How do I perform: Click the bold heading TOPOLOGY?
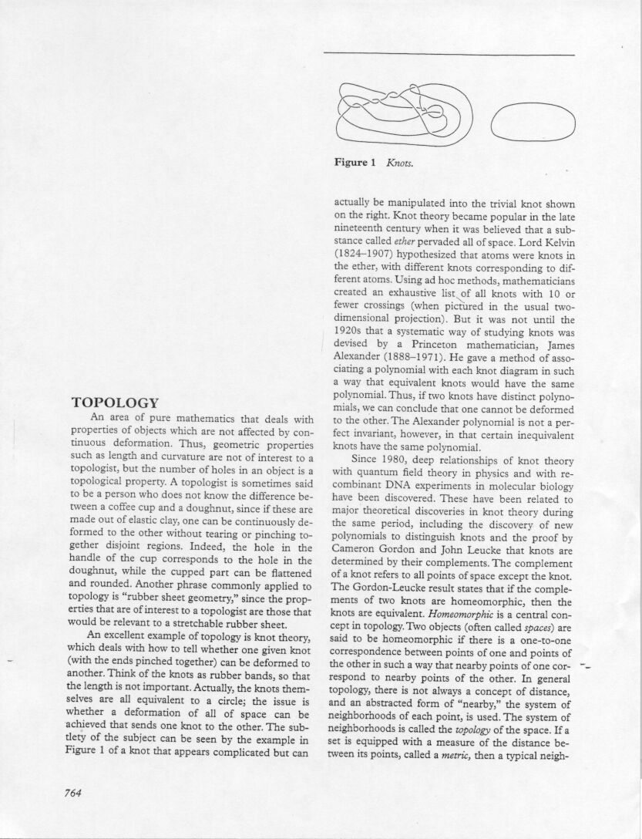[115, 403]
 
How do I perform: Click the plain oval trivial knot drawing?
[528, 123]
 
